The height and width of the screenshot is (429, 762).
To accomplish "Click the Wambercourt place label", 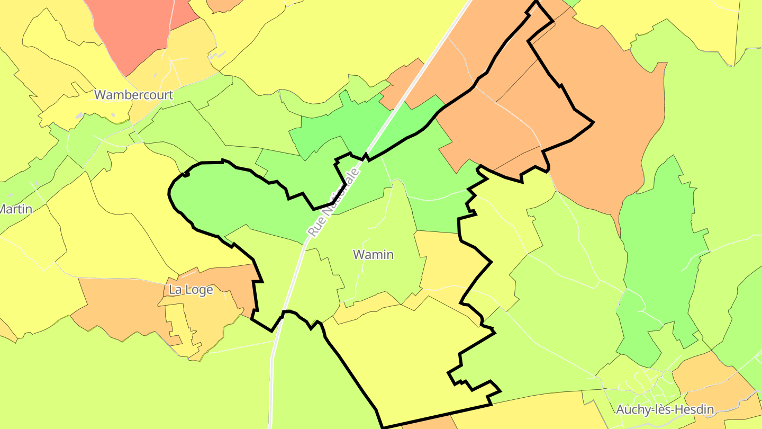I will (x=133, y=95).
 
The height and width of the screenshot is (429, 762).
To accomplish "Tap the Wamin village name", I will (x=373, y=255).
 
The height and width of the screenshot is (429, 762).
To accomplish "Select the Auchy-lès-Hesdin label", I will (x=665, y=409).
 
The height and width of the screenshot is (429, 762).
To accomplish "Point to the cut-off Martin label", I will (x=15, y=209).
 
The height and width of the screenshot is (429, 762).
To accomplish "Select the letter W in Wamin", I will (x=358, y=255).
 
